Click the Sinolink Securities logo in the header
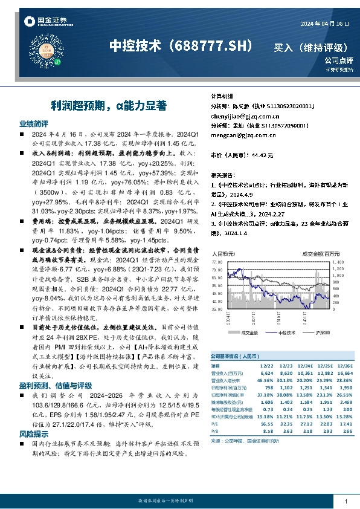click(42, 22)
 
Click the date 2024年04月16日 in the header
click(325, 23)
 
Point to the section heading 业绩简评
click(34, 123)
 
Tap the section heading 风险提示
click(34, 417)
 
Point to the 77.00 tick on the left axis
click(218, 262)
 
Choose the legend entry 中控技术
click(284, 332)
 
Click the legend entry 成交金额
click(246, 332)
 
